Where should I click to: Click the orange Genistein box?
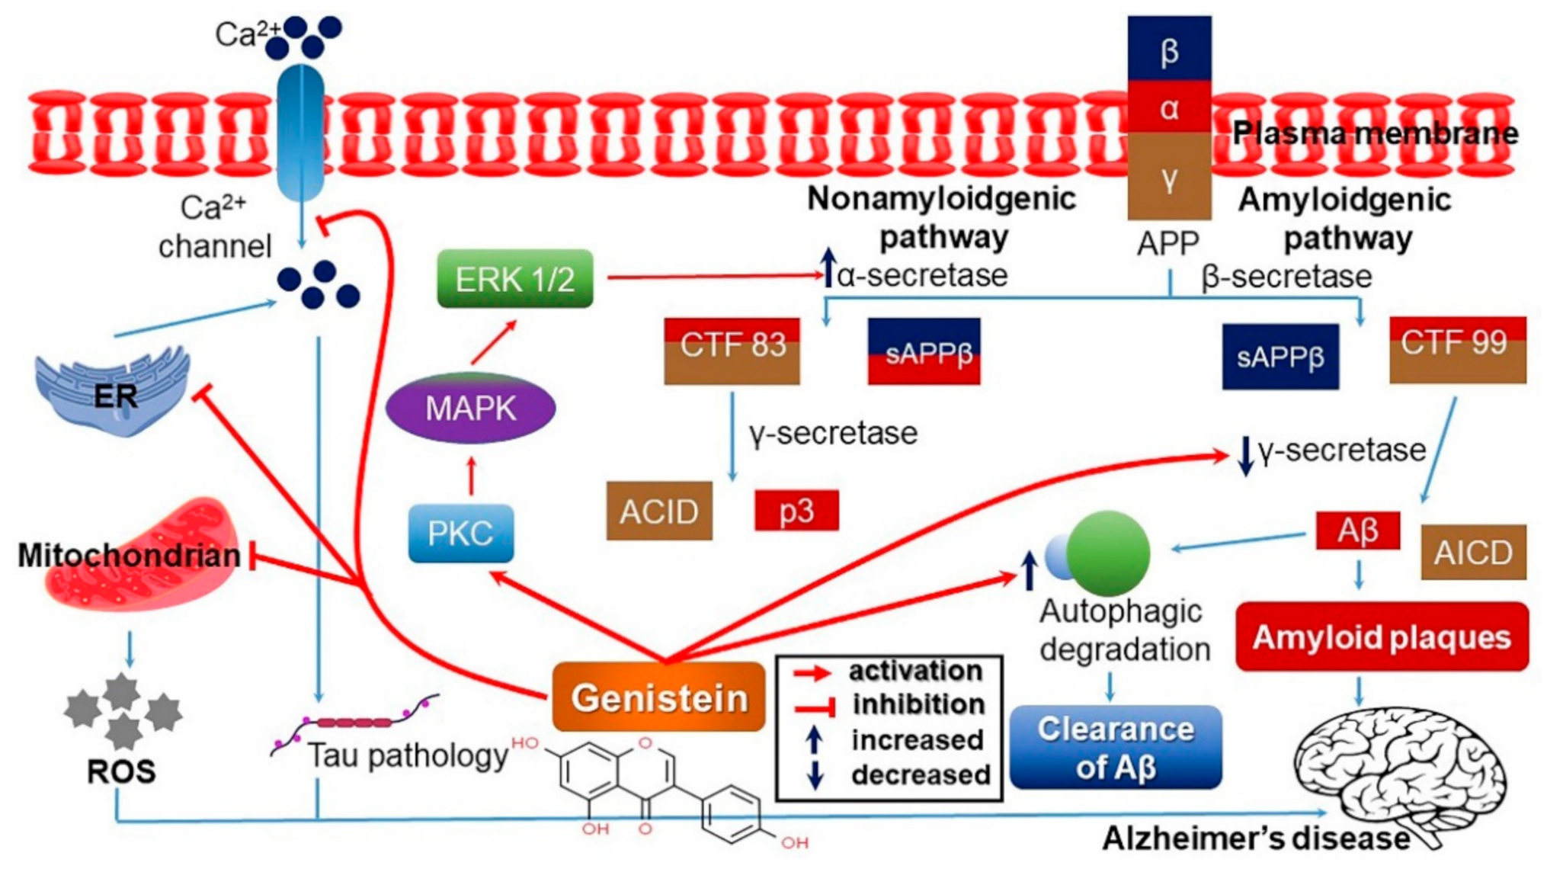(x=658, y=697)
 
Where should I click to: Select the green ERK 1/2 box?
(x=514, y=279)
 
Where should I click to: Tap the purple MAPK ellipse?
(x=470, y=409)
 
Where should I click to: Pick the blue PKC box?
(x=460, y=533)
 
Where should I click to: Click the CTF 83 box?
(x=732, y=351)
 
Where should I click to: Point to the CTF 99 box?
(x=1457, y=349)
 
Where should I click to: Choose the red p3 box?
(x=796, y=510)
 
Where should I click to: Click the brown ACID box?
(x=659, y=511)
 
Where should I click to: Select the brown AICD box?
(x=1472, y=552)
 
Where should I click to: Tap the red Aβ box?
(x=1357, y=530)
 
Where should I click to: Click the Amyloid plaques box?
(x=1382, y=636)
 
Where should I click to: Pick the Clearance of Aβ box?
(x=1115, y=747)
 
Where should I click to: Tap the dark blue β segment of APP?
(x=1169, y=49)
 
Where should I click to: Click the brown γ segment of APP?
(x=1169, y=177)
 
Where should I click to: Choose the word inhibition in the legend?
(x=918, y=704)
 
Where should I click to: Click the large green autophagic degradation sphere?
(x=1107, y=553)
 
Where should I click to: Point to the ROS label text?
(x=121, y=771)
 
